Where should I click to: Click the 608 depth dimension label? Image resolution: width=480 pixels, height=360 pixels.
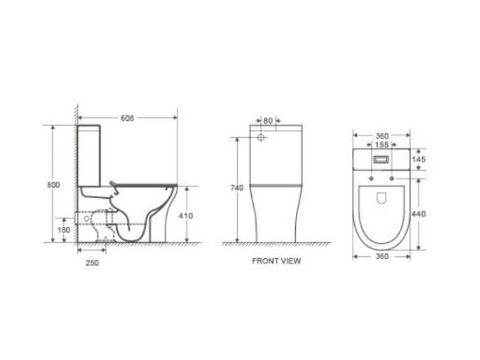tap(127, 118)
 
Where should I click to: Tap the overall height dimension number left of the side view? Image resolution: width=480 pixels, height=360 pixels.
tap(53, 185)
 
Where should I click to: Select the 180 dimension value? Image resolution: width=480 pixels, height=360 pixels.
tap(64, 230)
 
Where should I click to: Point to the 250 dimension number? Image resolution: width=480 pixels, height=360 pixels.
tap(92, 263)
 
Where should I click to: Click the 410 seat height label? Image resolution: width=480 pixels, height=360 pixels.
tap(186, 216)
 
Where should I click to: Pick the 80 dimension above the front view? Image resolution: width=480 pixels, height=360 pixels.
tap(268, 121)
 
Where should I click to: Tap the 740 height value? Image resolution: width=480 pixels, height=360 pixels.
tap(237, 188)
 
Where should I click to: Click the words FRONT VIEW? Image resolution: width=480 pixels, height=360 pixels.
tap(276, 261)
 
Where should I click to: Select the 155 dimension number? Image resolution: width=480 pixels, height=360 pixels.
tap(382, 144)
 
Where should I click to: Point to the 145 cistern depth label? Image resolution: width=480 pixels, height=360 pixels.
tap(419, 159)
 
